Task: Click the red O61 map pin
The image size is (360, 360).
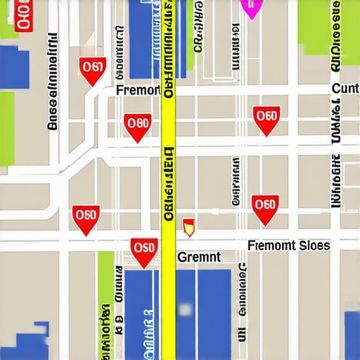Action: coord(93,70)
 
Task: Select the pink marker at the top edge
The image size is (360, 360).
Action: coord(250,7)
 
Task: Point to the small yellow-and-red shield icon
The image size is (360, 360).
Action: coord(188,226)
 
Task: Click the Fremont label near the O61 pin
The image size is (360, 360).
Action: coord(139,91)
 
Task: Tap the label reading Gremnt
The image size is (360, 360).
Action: coord(199,257)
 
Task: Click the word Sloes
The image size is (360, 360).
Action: coord(314,245)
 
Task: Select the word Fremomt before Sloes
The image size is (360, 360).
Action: coord(272,245)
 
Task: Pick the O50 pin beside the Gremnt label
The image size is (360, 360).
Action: coord(143,250)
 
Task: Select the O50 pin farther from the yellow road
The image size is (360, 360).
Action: coord(86,217)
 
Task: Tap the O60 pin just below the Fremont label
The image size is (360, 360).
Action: coord(138,126)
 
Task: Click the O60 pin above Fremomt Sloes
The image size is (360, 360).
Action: coord(265,207)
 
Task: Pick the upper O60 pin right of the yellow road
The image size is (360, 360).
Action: coord(266,118)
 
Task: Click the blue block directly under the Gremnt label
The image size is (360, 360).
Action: coord(204,309)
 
